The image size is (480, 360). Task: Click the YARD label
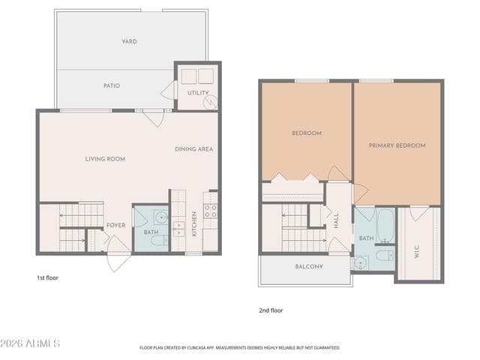pyautogui.click(x=129, y=41)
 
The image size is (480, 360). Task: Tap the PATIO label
pyautogui.click(x=112, y=85)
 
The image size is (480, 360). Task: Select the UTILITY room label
pyautogui.click(x=198, y=92)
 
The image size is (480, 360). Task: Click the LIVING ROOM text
pyautogui.click(x=105, y=159)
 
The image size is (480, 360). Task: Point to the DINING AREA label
pyautogui.click(x=193, y=149)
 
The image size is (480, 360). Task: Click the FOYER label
pyautogui.click(x=115, y=225)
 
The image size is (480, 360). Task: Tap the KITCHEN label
pyautogui.click(x=194, y=224)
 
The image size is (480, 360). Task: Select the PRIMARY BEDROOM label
pyautogui.click(x=397, y=145)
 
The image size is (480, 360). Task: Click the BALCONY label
pyautogui.click(x=309, y=267)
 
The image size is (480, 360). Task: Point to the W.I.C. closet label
pyautogui.click(x=417, y=251)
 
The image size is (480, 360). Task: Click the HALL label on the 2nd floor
pyautogui.click(x=336, y=220)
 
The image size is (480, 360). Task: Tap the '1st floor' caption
pyautogui.click(x=47, y=278)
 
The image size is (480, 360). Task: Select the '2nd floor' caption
pyautogui.click(x=271, y=310)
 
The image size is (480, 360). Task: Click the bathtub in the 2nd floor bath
pyautogui.click(x=385, y=225)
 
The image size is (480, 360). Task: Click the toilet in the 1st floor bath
pyautogui.click(x=159, y=240)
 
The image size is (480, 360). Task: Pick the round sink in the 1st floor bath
pyautogui.click(x=161, y=217)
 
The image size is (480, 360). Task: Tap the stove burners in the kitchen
pyautogui.click(x=210, y=211)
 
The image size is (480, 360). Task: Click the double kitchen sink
pyautogui.click(x=178, y=229)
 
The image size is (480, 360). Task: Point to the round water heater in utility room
pyautogui.click(x=211, y=101)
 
